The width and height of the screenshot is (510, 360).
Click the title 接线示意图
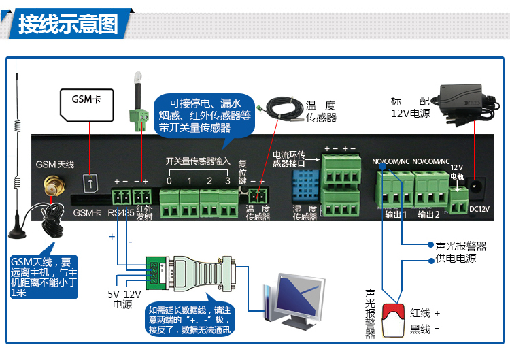[68, 25]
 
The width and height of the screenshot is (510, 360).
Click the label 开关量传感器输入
[199, 161]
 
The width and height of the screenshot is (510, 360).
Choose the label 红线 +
[425, 313]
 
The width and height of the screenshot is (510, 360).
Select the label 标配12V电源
[410, 108]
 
